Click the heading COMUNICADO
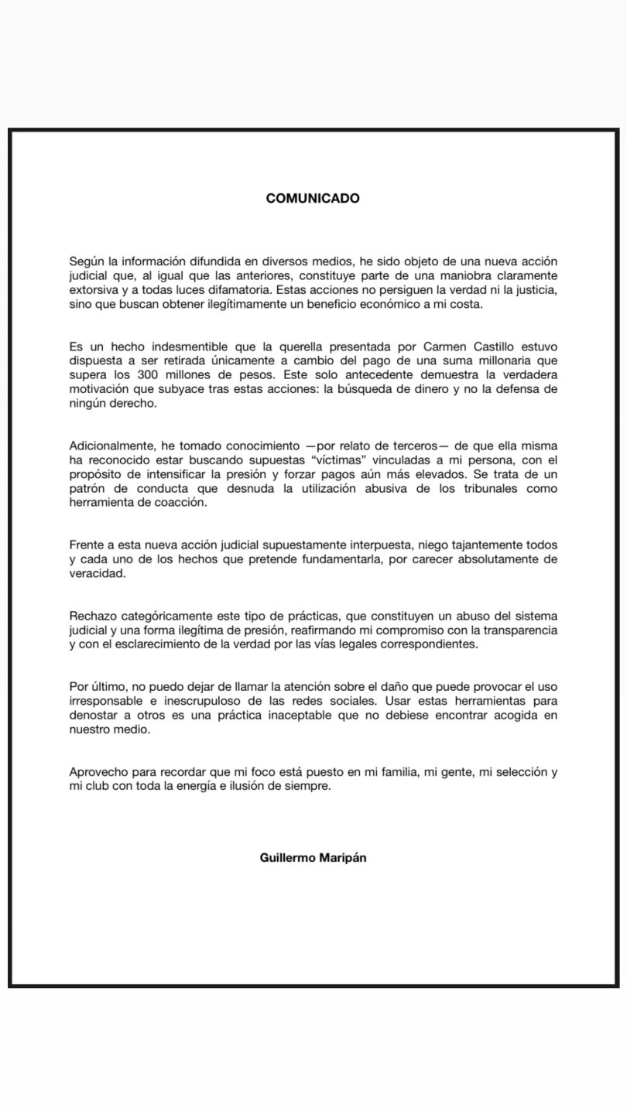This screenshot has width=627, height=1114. tap(313, 198)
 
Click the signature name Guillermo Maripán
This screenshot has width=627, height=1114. tap(313, 857)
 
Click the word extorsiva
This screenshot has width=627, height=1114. tap(91, 289)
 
